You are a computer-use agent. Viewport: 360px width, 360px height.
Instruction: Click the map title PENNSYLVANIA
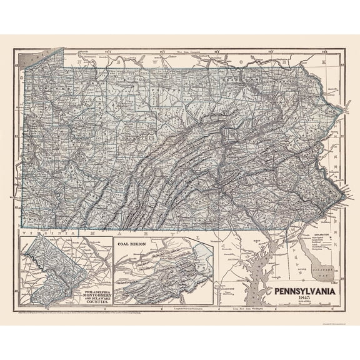[304, 291]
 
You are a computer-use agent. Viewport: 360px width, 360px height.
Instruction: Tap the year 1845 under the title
[304, 298]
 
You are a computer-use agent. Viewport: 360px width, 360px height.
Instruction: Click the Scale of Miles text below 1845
[304, 303]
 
